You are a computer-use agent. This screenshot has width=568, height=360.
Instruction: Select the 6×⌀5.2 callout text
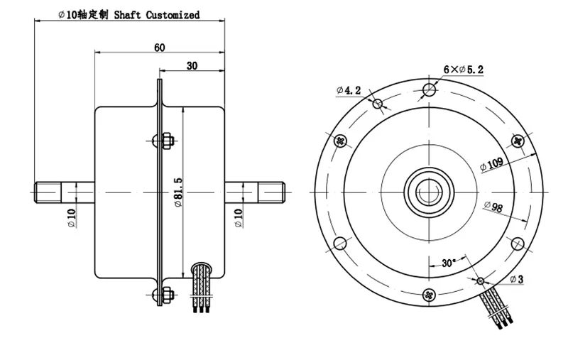(x=463, y=69)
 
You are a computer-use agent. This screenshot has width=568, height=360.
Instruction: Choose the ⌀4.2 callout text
(x=349, y=90)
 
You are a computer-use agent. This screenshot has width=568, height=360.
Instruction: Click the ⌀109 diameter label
(x=492, y=164)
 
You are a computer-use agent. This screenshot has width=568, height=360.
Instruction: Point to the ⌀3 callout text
(x=516, y=279)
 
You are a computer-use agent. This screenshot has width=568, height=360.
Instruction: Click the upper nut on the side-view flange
(x=167, y=141)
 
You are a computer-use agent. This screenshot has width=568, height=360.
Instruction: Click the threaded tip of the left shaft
(x=47, y=192)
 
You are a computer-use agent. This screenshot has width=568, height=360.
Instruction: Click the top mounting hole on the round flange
(x=428, y=89)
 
